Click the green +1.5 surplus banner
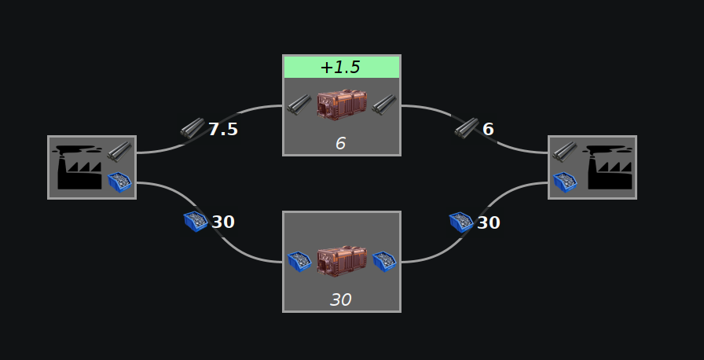[x=341, y=67]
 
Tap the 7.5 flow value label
[x=222, y=130]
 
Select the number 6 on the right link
[x=488, y=129]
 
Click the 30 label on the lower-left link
[x=223, y=222]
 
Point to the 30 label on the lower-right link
[x=488, y=222]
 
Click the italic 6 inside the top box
[x=340, y=143]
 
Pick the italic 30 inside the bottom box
[x=340, y=299]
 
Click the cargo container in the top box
[x=341, y=105]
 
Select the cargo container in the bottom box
[x=341, y=261]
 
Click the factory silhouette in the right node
[x=609, y=167]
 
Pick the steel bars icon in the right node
[x=564, y=150]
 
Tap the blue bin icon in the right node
[x=565, y=182]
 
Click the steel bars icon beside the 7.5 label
[x=192, y=128]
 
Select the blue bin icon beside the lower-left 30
[x=195, y=222]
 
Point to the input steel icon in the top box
[x=298, y=105]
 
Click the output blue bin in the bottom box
[x=383, y=261]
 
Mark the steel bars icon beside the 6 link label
[x=466, y=127]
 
